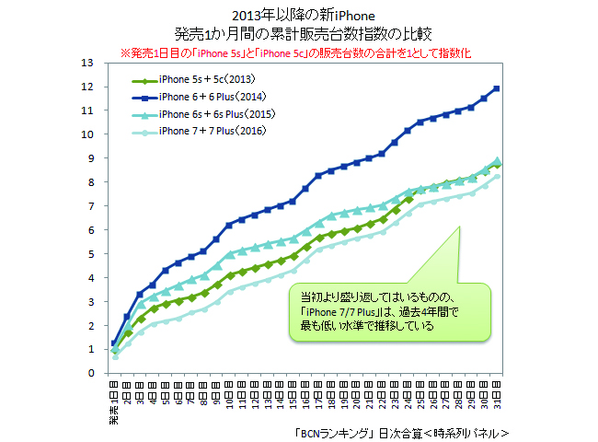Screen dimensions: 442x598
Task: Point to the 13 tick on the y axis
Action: click(87, 63)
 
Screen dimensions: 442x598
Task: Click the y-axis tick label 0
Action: click(91, 374)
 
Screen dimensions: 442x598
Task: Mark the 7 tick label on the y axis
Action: click(91, 206)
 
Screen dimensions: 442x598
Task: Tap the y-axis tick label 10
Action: click(87, 134)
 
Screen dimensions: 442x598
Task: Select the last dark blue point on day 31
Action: click(498, 88)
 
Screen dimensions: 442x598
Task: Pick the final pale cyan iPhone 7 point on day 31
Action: click(498, 177)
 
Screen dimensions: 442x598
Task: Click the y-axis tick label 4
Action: click(91, 278)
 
